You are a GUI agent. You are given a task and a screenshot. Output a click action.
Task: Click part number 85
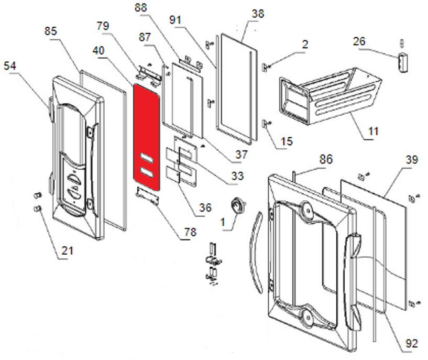point(51,32)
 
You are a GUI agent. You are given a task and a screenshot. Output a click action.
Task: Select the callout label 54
point(10,66)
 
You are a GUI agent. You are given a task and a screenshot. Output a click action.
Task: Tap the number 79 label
point(103,26)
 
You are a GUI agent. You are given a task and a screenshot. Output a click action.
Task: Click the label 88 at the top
point(141,8)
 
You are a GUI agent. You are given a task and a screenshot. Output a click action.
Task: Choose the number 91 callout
point(176,21)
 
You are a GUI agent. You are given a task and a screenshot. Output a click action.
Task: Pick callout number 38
point(258,14)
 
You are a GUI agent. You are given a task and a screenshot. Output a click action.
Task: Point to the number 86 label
point(326,159)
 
